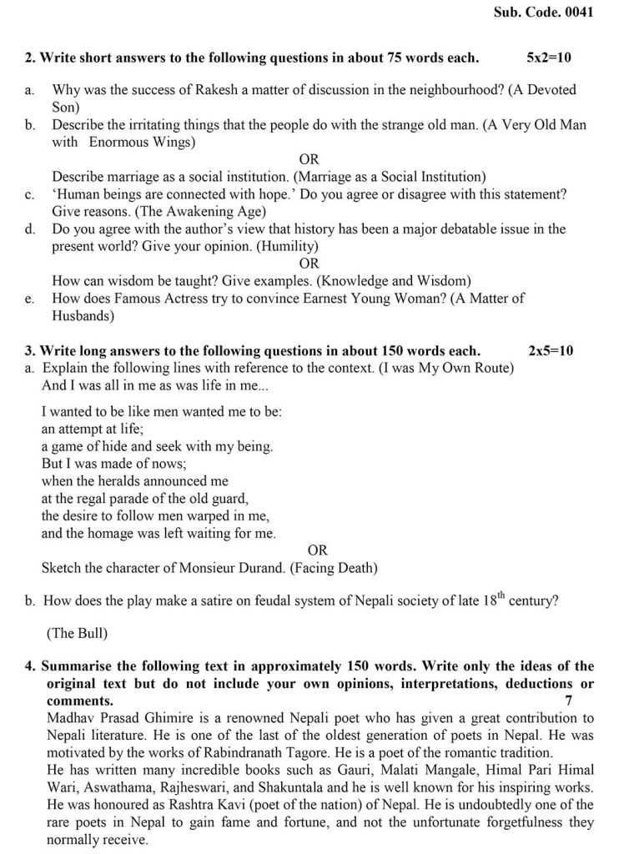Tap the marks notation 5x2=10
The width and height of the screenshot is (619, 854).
(549, 58)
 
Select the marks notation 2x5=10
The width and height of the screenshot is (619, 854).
(551, 350)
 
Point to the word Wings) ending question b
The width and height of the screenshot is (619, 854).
(172, 142)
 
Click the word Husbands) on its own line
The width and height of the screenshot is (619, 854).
(83, 316)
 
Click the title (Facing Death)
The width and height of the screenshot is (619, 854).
(332, 569)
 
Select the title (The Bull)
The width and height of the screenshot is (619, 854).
(78, 633)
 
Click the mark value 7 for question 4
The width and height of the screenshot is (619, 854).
(568, 701)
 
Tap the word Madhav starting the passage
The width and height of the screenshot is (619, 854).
(69, 717)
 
